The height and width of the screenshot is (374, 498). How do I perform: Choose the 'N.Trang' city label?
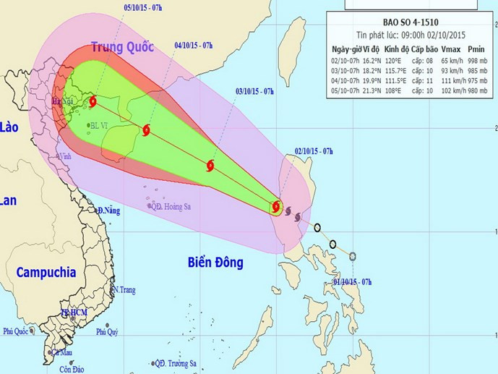click(x=124, y=289)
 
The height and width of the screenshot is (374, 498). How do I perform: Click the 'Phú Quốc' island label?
click(x=17, y=331)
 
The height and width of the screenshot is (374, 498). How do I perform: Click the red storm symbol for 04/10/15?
click(x=147, y=131)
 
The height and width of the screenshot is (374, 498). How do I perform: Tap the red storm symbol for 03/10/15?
click(x=210, y=166)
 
